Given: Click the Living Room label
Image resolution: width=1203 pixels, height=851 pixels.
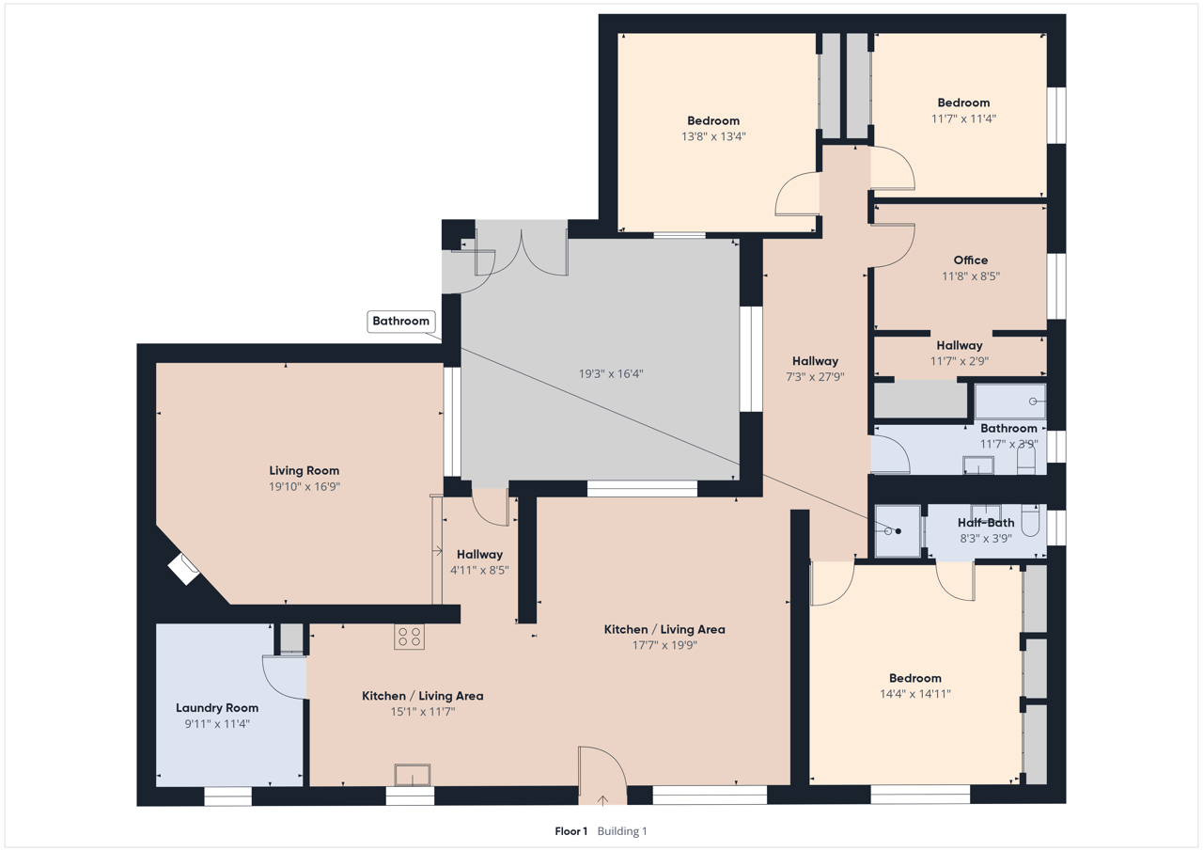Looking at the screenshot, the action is point(304,470).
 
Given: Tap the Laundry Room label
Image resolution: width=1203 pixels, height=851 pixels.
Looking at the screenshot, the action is point(217,707).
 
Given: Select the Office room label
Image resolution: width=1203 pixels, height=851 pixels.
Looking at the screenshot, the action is point(971,260).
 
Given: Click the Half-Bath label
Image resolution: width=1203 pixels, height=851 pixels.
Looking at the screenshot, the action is point(986,522).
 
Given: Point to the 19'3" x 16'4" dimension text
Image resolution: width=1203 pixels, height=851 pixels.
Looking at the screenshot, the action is point(611,373).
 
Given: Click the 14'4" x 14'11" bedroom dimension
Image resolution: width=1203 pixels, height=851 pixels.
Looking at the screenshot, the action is point(915,694).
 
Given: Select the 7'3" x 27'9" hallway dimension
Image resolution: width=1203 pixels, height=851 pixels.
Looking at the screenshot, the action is point(815,377).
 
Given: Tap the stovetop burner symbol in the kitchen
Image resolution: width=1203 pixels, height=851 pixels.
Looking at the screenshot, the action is point(409,637).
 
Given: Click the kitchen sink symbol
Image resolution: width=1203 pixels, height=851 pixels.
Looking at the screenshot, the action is point(413,775).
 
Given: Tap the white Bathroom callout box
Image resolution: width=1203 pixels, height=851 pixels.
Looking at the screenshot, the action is point(401,322).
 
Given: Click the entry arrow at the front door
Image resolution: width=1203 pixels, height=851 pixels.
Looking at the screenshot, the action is point(602,800).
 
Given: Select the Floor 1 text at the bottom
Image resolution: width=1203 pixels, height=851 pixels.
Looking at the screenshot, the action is point(570,831).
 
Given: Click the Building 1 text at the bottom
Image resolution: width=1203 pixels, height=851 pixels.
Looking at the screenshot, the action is point(622,831).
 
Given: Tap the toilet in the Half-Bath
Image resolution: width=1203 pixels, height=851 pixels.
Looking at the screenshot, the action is point(1030,519).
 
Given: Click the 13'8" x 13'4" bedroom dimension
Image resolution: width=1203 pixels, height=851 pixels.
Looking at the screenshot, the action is point(713,136).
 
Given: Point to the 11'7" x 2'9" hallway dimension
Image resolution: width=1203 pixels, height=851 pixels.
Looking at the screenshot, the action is point(960,361).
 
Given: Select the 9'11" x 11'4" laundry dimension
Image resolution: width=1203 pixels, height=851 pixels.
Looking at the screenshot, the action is point(217,724).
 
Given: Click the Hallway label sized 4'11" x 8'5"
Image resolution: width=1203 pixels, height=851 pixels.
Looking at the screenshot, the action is point(479,555).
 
